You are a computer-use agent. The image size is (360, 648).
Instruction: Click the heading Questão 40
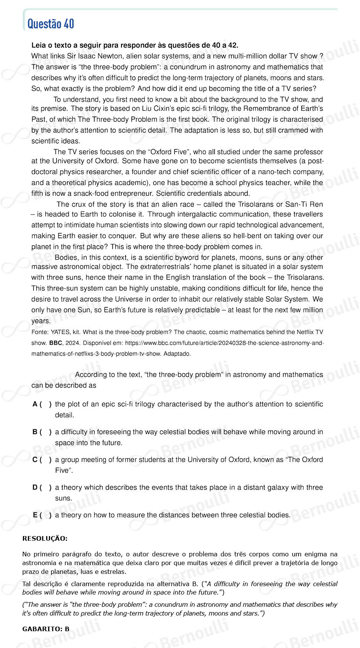51,24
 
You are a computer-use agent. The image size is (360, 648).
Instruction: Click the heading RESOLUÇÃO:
45,538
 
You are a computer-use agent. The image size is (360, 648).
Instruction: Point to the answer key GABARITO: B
46,629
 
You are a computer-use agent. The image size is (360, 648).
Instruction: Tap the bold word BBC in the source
56,343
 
